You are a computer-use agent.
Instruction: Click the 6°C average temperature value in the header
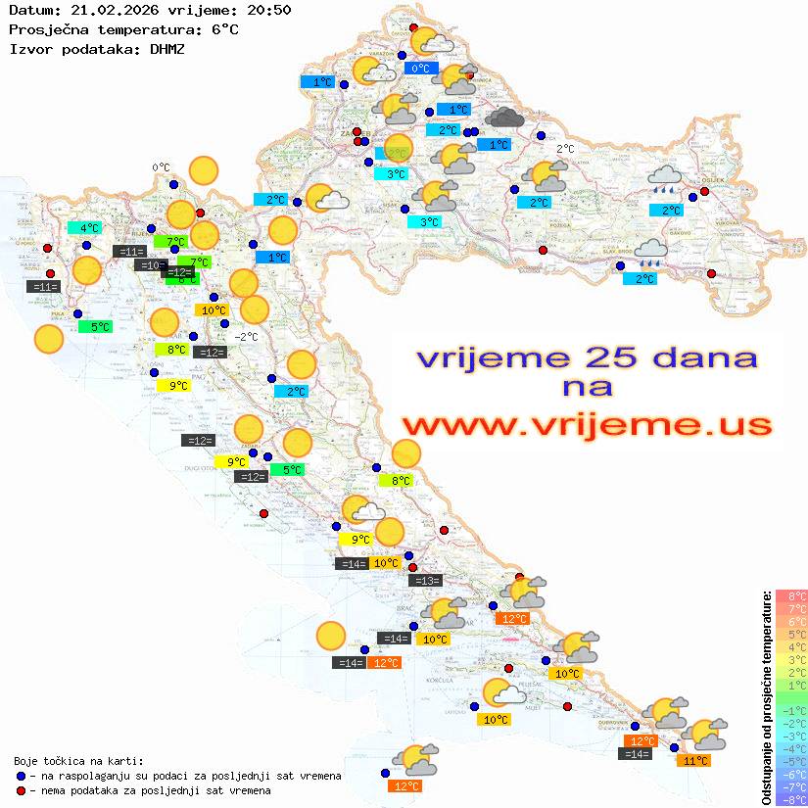click(223, 29)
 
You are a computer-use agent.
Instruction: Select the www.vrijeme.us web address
click(587, 425)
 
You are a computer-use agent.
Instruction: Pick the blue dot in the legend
click(21, 776)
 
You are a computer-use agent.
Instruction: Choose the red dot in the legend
click(21, 790)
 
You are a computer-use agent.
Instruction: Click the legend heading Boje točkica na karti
click(78, 761)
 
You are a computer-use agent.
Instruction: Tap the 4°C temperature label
click(89, 228)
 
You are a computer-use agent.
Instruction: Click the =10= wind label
click(150, 265)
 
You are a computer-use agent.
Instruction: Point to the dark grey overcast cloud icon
click(504, 118)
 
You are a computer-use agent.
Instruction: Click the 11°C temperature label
click(696, 760)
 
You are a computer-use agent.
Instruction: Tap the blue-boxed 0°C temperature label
click(421, 69)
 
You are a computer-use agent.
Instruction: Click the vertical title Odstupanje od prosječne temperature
click(767, 696)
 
